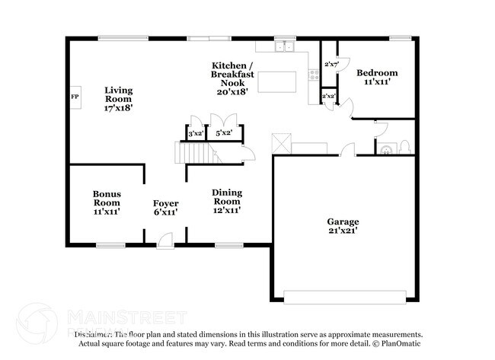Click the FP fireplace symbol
pos(75,97)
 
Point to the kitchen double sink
pos(286,47)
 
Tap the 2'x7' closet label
pos(331,64)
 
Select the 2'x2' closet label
pos(329,97)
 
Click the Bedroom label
pos(377,73)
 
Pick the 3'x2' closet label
pos(195,134)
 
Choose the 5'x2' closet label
pos(224,134)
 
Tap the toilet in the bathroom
pos(404,147)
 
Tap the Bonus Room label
pos(107,199)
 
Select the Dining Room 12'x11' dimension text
pos(226,209)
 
